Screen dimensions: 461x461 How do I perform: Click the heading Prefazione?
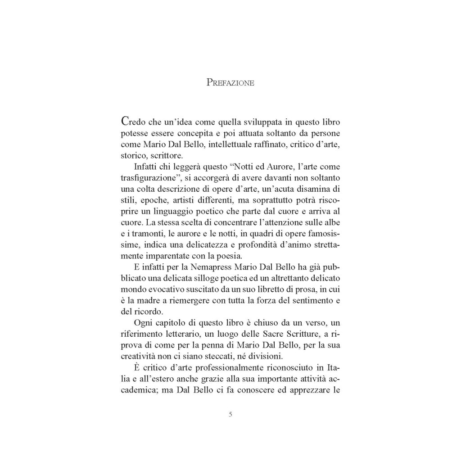(230, 83)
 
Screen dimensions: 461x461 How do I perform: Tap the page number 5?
(230, 414)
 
